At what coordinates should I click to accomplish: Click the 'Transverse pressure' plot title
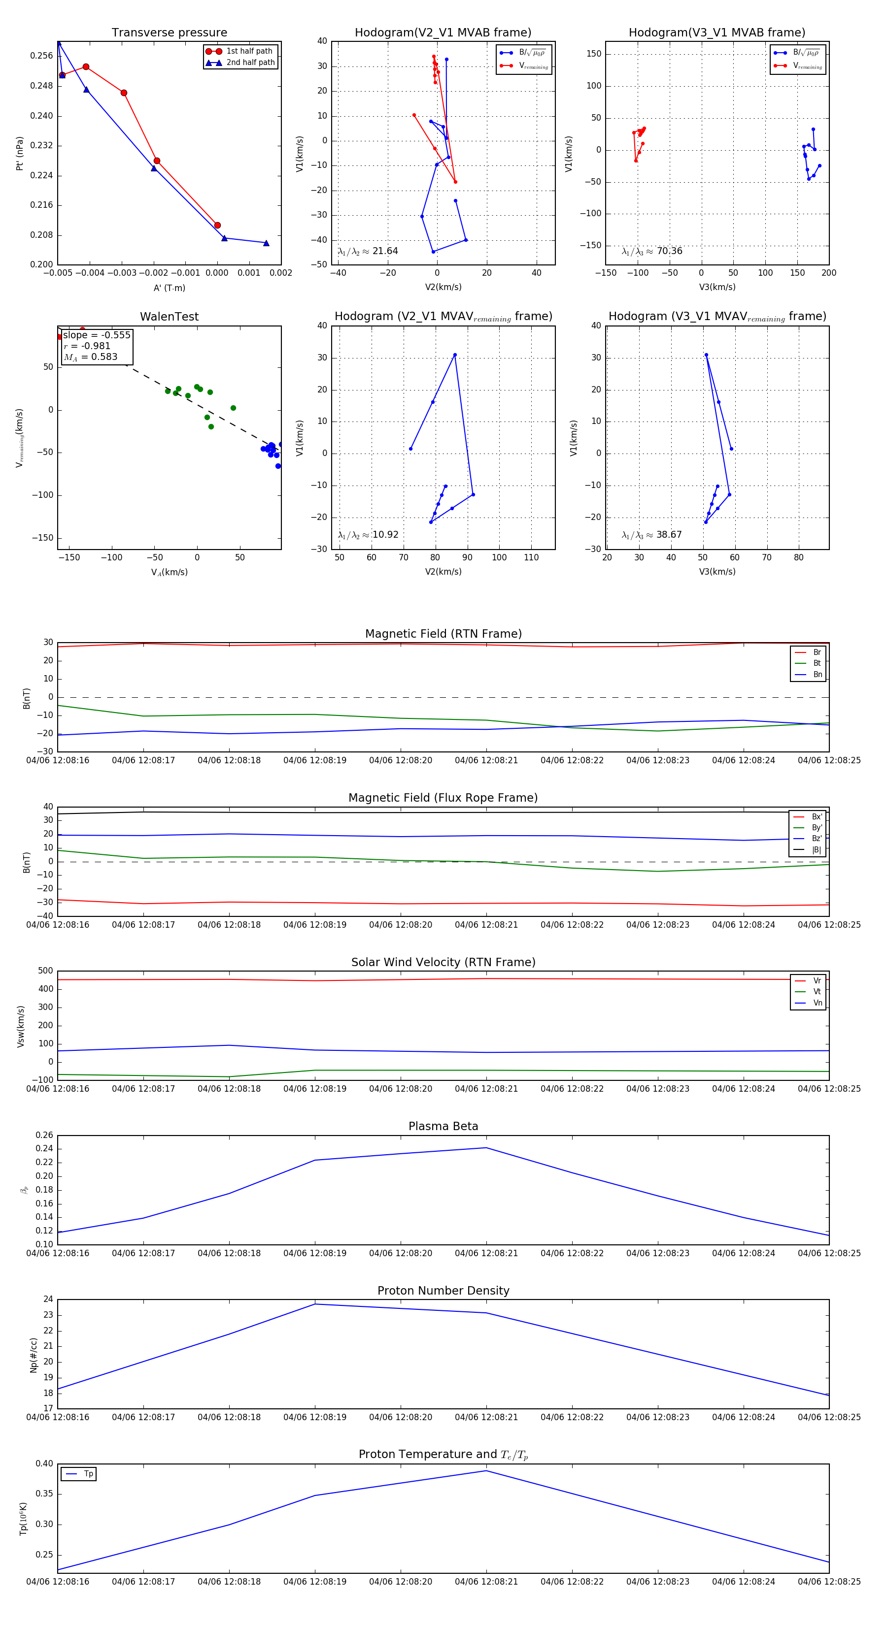(169, 33)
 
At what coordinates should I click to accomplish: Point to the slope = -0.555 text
(96, 335)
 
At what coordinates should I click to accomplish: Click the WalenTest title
(169, 317)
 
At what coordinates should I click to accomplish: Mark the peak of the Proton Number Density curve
(315, 1304)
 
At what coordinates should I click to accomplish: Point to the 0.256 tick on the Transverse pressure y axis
(42, 56)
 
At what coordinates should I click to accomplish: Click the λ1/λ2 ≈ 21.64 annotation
(368, 251)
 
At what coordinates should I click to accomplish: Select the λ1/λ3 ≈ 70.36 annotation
(651, 251)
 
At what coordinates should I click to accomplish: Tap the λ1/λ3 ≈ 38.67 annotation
(651, 535)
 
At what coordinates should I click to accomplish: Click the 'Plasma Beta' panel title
(443, 1126)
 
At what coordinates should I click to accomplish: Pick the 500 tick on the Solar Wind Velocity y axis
(45, 971)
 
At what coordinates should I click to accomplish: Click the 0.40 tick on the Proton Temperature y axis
(44, 1463)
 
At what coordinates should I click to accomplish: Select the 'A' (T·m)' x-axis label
(169, 288)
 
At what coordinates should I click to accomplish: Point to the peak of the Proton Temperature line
(486, 1471)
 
